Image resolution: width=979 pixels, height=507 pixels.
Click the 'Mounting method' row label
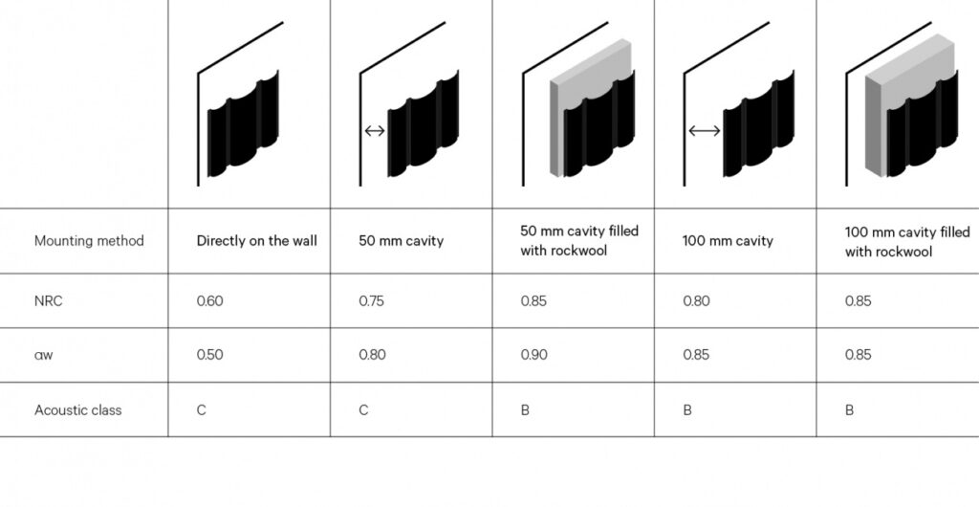tap(89, 241)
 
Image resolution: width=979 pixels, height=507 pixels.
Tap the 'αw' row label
tap(44, 355)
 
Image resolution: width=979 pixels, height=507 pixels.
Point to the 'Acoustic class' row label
tap(77, 410)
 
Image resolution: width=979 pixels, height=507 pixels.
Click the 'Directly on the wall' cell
tap(256, 241)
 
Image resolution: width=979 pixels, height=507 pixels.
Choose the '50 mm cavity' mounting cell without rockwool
tap(401, 241)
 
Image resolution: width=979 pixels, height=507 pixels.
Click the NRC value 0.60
tap(209, 301)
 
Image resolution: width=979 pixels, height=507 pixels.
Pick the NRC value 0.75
tap(372, 301)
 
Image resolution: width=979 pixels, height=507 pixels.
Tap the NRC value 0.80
tap(696, 301)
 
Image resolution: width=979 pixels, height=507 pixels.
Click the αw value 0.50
tap(209, 355)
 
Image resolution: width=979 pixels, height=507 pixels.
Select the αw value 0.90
tap(533, 355)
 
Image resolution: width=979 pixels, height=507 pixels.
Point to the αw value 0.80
tap(372, 355)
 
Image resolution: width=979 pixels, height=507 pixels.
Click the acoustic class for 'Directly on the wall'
tap(201, 410)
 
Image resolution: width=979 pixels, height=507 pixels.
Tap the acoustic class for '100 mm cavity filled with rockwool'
tap(849, 410)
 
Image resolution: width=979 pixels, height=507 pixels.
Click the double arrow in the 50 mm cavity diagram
tap(375, 130)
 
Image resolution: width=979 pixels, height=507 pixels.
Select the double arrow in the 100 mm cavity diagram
tap(705, 130)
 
